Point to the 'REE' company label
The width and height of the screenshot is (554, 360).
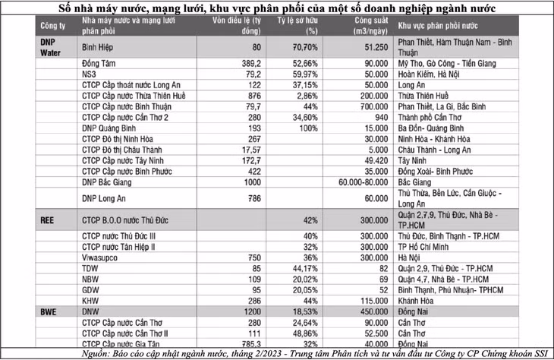[46, 219]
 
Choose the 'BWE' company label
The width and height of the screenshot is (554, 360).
[48, 311]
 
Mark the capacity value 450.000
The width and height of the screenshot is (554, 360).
[371, 311]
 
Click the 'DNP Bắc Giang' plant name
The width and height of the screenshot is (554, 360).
[107, 183]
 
